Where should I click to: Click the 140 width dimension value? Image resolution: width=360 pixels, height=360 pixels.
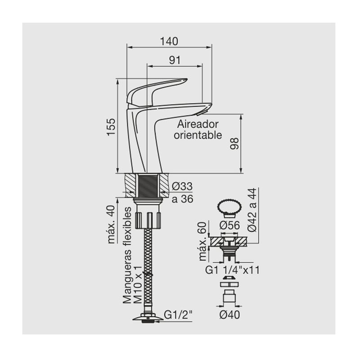click(x=169, y=41)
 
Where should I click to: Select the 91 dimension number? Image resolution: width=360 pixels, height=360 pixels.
click(x=175, y=60)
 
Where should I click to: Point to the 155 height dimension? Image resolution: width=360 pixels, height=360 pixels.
click(x=111, y=127)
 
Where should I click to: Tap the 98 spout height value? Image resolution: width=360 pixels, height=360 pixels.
click(x=234, y=144)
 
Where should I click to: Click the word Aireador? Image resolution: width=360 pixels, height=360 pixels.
click(x=198, y=124)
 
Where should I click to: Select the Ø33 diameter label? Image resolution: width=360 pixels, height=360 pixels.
click(x=182, y=186)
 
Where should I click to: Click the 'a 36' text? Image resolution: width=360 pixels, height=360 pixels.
click(x=183, y=199)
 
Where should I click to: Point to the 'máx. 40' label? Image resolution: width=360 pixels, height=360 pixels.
click(x=111, y=224)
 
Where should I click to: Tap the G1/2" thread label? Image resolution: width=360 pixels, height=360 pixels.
click(x=178, y=315)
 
